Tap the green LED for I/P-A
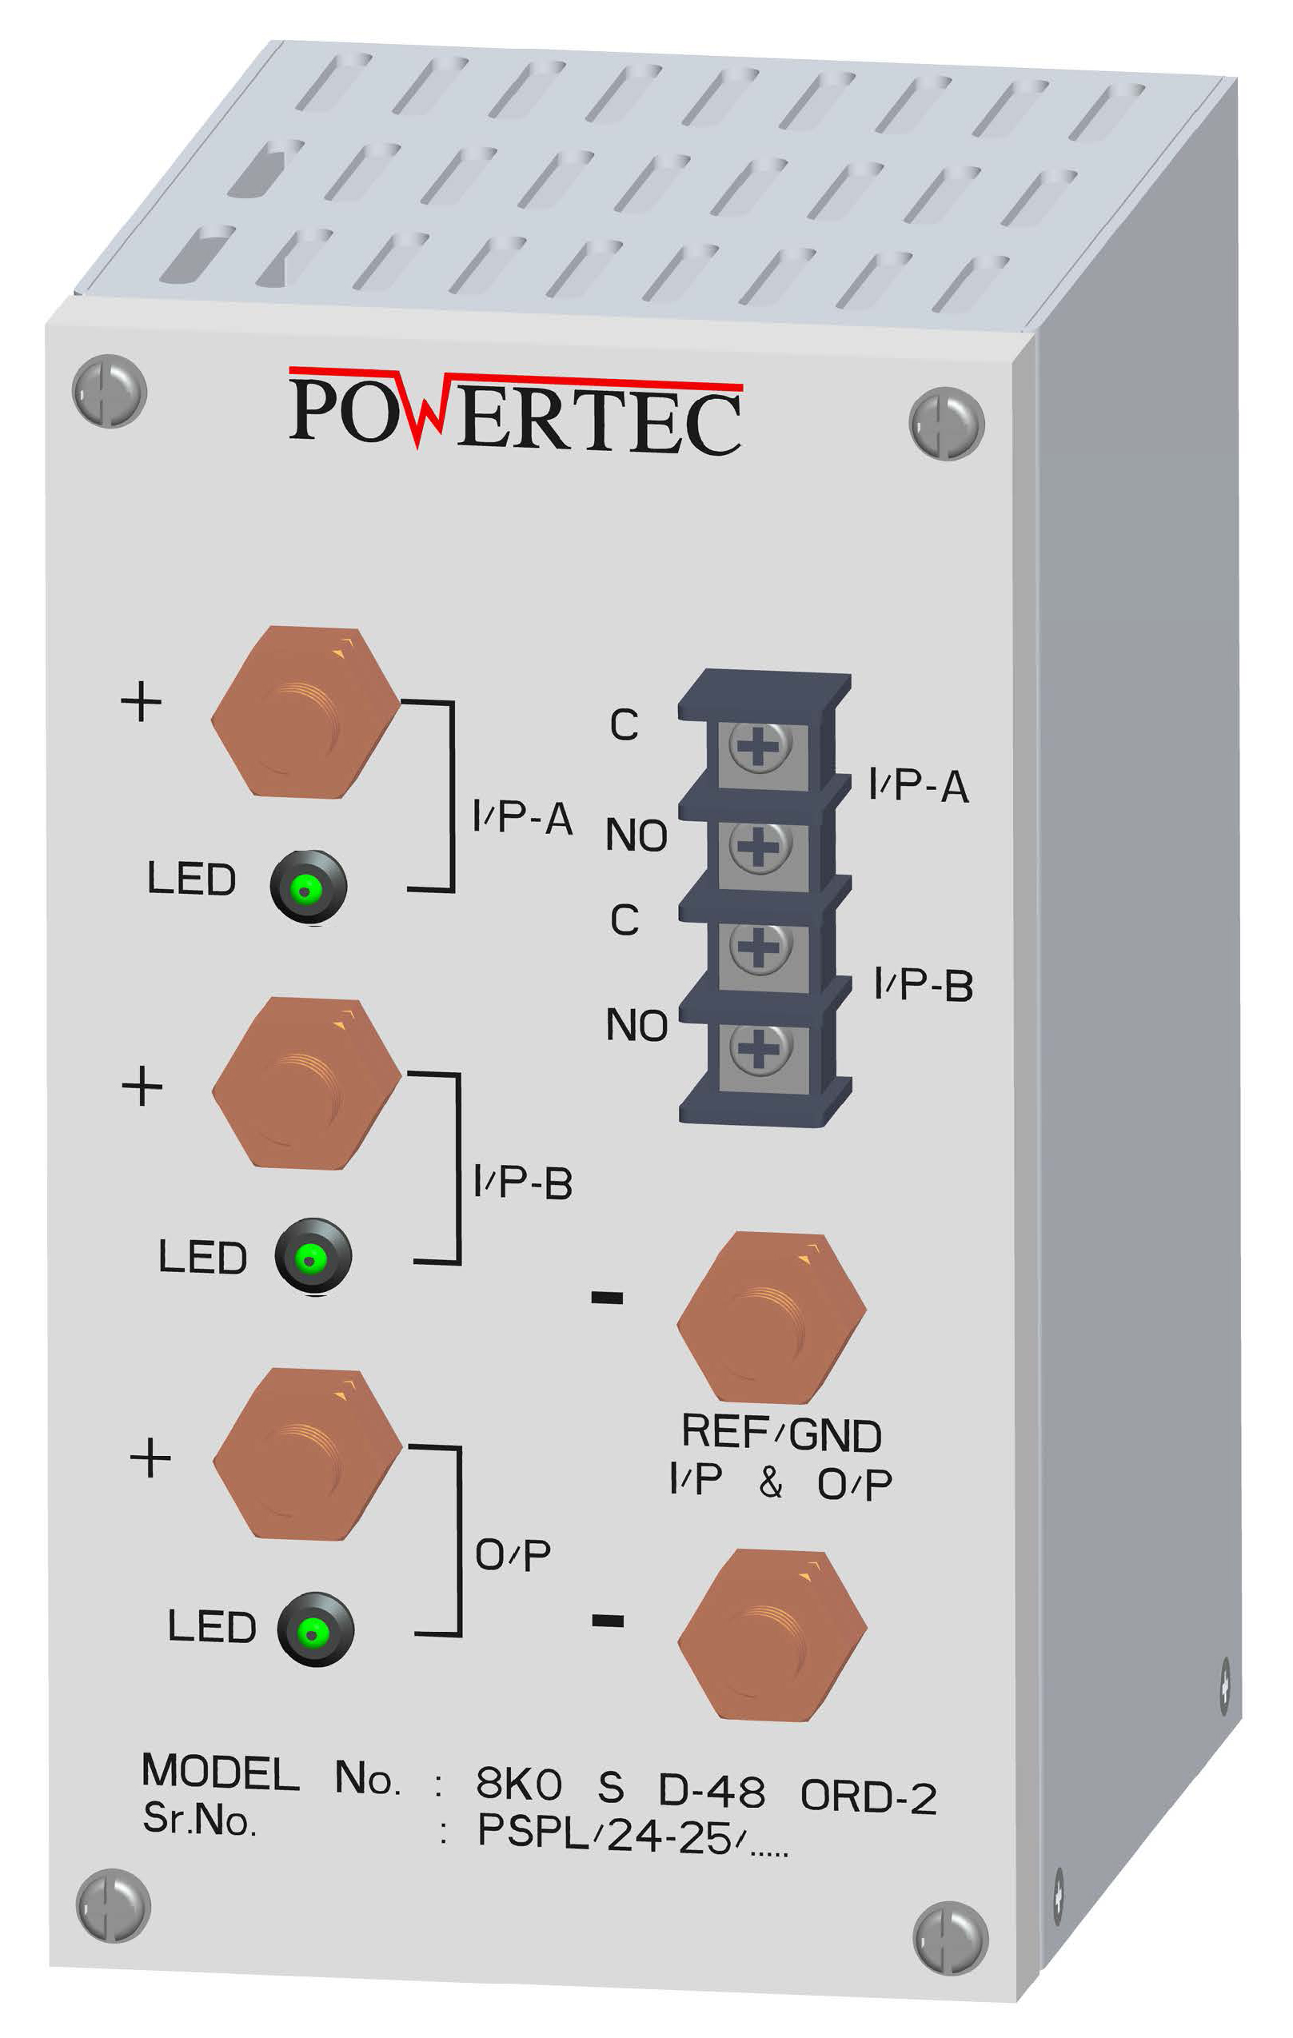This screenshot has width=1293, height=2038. tap(308, 887)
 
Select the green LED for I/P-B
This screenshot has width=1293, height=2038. tap(312, 1257)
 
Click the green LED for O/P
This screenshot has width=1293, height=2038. tap(315, 1630)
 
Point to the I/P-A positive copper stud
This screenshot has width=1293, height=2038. tap(305, 712)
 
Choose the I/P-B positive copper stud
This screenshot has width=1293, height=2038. tap(306, 1084)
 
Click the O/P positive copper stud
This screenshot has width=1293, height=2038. tap(307, 1455)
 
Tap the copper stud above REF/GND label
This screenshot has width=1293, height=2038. tap(772, 1317)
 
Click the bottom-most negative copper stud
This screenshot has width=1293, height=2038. tap(772, 1634)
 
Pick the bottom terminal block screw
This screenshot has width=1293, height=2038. tap(760, 1050)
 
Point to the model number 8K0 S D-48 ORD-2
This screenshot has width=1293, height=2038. tap(706, 1789)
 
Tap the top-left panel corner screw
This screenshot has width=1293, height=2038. tap(110, 391)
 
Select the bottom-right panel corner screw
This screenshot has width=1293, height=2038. tap(950, 1937)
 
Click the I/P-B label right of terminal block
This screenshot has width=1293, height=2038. tap(924, 985)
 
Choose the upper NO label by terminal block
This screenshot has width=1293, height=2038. tap(637, 836)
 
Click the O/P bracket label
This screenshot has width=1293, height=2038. tap(513, 1554)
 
